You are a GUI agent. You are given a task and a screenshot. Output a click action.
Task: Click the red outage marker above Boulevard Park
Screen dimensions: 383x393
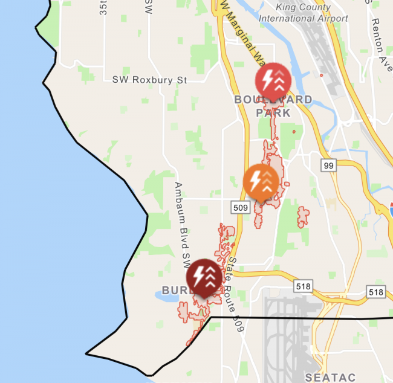coord(273,79)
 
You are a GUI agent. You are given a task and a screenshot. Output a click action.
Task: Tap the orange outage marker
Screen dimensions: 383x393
coord(261,181)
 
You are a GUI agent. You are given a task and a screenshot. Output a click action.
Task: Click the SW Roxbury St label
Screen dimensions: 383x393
coord(150,80)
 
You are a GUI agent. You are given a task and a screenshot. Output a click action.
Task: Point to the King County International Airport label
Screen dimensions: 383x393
coord(303,13)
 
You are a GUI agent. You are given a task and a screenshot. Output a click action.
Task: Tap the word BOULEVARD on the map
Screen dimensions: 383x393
coord(273,100)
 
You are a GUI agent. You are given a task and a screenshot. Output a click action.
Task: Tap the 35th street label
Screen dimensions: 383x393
coord(103,7)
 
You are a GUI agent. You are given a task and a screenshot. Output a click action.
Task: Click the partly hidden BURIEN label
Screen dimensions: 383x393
coord(175,289)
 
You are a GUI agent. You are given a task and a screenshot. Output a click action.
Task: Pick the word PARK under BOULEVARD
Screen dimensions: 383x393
coord(273,112)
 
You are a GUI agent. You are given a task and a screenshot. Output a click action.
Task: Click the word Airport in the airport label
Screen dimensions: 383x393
coord(329,18)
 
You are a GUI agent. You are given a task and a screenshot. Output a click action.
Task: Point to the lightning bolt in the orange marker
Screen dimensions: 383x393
coord(255,180)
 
